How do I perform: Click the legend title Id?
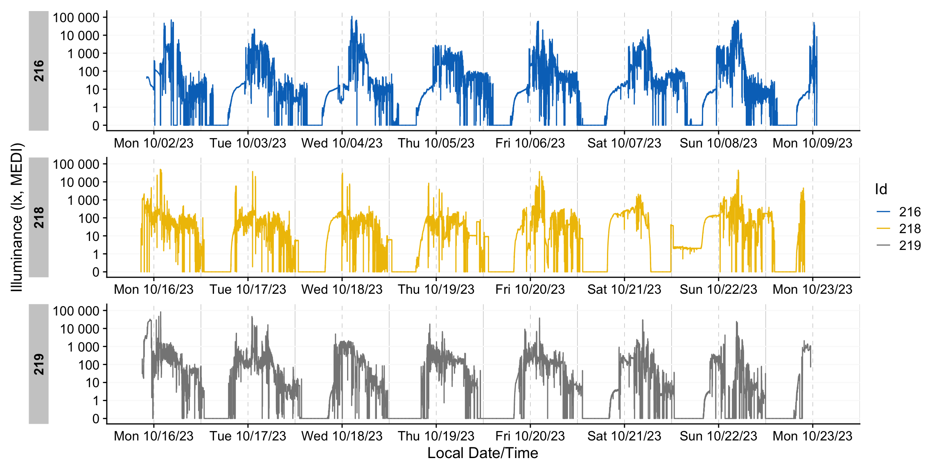tap(881, 189)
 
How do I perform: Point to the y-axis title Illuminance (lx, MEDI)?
tap(17, 217)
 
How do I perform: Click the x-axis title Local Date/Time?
tap(483, 453)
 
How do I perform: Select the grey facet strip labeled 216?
tap(38, 71)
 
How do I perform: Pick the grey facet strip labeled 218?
tap(38, 217)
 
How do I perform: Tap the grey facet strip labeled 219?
tap(38, 364)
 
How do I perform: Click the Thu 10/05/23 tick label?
tap(436, 143)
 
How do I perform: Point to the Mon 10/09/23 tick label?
tap(812, 143)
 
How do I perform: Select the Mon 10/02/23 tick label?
tap(153, 143)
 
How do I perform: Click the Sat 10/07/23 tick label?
tap(624, 143)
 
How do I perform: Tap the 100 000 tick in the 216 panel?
tap(76, 18)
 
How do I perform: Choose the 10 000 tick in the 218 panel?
tap(80, 182)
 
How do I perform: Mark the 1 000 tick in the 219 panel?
tap(83, 347)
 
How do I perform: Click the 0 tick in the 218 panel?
tap(96, 272)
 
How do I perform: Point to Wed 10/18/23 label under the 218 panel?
tap(342, 290)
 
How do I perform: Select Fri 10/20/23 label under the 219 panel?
tap(530, 436)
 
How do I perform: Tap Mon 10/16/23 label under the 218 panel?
tap(153, 290)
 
